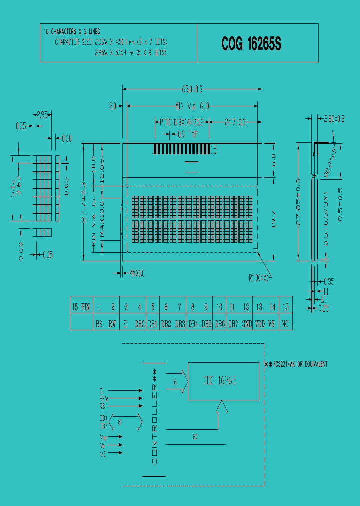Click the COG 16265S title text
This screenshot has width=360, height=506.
click(x=251, y=44)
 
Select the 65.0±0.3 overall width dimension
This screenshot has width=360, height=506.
click(x=192, y=90)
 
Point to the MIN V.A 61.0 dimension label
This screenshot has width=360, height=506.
click(x=192, y=106)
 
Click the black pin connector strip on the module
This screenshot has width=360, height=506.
click(x=181, y=149)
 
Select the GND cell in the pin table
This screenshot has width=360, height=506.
click(x=246, y=324)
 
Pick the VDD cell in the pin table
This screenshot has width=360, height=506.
click(x=259, y=324)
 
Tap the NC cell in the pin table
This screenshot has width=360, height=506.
click(x=286, y=324)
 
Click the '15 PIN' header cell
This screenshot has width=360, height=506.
click(x=81, y=307)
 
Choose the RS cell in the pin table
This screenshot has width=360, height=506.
click(x=99, y=324)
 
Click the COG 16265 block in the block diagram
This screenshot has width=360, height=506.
click(x=220, y=381)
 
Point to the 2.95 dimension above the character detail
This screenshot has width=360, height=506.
click(x=42, y=115)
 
